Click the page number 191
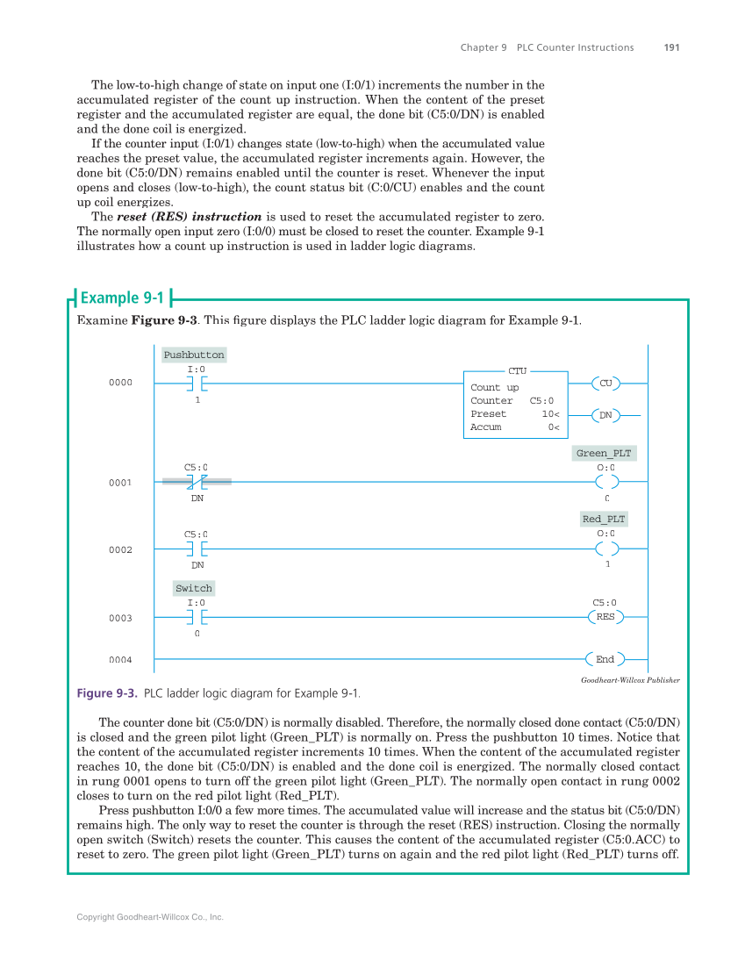pyautogui.click(x=671, y=47)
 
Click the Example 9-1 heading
pyautogui.click(x=121, y=298)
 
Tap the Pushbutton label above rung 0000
pyautogui.click(x=194, y=355)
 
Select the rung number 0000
pyautogui.click(x=120, y=383)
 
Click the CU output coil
pyautogui.click(x=605, y=383)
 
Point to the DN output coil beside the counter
pyautogui.click(x=605, y=415)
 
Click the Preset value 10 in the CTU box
pyautogui.click(x=549, y=413)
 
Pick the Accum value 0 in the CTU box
pyautogui.click(x=553, y=427)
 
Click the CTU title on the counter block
pyautogui.click(x=517, y=371)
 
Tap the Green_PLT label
pyautogui.click(x=604, y=453)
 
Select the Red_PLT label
pyautogui.click(x=604, y=519)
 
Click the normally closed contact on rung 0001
pyautogui.click(x=197, y=482)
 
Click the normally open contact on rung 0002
pyautogui.click(x=197, y=549)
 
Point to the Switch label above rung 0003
pyautogui.click(x=194, y=588)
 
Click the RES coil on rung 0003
pyautogui.click(x=605, y=617)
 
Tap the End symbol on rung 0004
pyautogui.click(x=605, y=659)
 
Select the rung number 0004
pyautogui.click(x=120, y=660)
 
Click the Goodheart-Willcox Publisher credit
pyautogui.click(x=630, y=680)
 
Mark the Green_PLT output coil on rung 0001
pyautogui.click(x=606, y=482)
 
